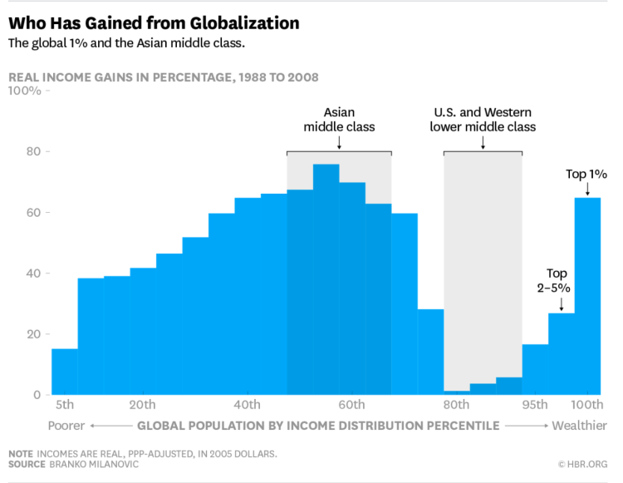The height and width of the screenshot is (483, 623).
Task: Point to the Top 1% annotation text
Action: pyautogui.click(x=586, y=175)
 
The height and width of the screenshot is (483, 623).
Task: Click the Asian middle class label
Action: pyautogui.click(x=339, y=120)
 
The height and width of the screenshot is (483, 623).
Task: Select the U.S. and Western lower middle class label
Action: pyautogui.click(x=483, y=120)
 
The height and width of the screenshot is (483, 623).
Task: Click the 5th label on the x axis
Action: pyautogui.click(x=65, y=405)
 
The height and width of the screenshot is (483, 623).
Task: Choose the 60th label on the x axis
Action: pyautogui.click(x=352, y=405)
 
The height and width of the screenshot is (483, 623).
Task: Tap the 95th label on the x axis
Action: pyautogui.click(x=535, y=405)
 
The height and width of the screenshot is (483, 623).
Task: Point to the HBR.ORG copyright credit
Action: pyautogui.click(x=583, y=464)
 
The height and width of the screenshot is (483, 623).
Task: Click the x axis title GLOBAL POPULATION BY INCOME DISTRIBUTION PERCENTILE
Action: pyautogui.click(x=318, y=426)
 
